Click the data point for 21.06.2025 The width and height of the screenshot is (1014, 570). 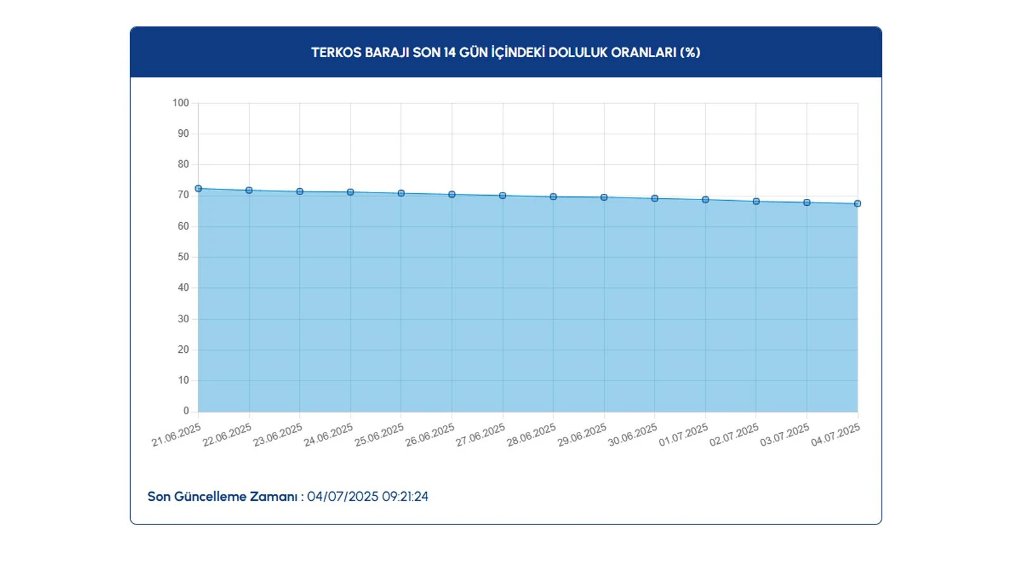pos(198,189)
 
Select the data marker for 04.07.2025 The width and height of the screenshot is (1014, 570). pos(857,204)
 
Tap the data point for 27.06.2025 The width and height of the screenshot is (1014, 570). pos(503,196)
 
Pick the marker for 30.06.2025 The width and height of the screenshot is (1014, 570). pos(655,199)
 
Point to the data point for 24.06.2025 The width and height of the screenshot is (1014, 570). pos(350,192)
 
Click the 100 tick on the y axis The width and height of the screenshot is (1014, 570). pos(181,103)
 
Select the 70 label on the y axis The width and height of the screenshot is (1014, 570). pos(183,195)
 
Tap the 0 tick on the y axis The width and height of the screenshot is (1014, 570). pos(186,411)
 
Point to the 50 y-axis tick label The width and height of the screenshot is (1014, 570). pos(183,257)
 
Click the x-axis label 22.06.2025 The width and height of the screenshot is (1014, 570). pos(228,435)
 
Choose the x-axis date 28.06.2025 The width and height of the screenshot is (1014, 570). pos(532,435)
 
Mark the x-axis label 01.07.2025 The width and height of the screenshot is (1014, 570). pos(684,435)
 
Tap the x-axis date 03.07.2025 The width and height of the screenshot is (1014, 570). pos(785,435)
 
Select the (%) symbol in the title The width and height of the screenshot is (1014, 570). pos(690,53)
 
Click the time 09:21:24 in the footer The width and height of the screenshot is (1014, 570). pos(405,497)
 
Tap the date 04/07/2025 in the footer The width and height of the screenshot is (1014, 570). pos(343,497)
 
